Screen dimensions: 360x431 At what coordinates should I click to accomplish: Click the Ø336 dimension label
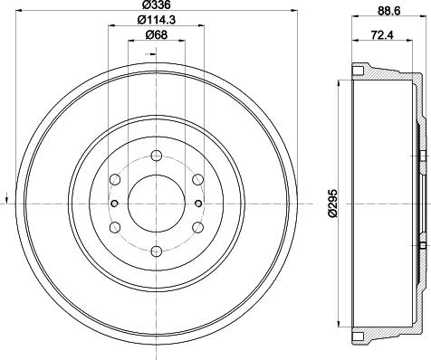pyautogui.click(x=156, y=8)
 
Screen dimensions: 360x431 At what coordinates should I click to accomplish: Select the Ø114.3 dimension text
pyautogui.click(x=156, y=22)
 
